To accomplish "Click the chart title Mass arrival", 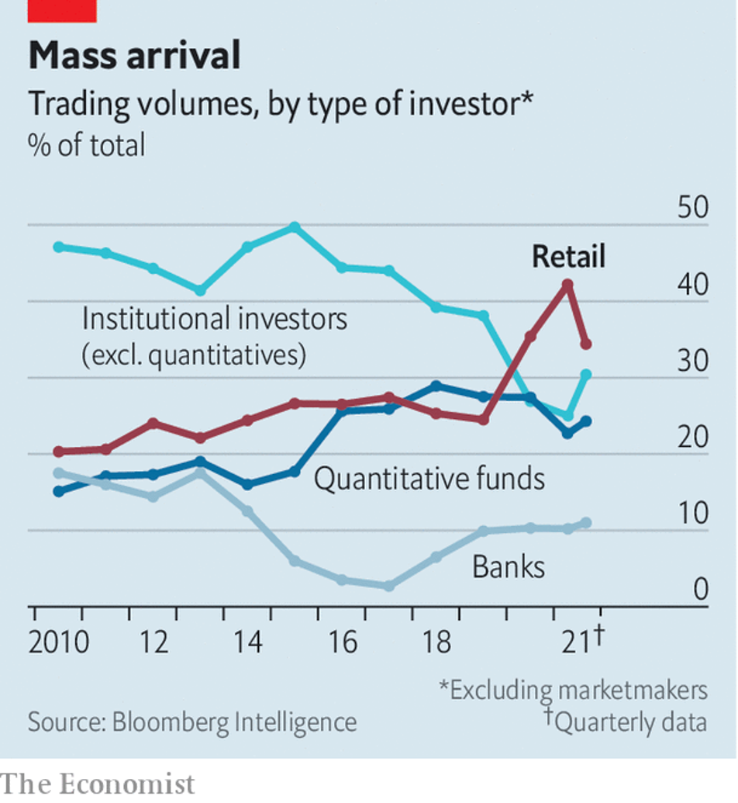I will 134,57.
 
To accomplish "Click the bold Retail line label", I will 568,257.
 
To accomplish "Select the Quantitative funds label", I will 429,479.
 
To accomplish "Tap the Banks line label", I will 509,567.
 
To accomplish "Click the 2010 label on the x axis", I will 59,643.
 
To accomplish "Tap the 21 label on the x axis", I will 574,643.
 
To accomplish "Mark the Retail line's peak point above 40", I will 567,285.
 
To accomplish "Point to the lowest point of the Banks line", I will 389,586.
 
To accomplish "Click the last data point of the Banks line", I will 586,523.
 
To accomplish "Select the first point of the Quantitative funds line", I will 59,491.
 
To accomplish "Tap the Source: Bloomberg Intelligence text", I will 192,722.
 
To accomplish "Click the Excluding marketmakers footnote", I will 573,690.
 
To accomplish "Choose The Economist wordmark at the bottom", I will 98,784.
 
